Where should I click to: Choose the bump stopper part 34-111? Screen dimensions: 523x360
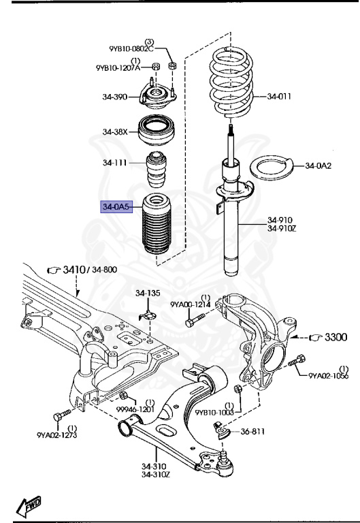pyautogui.click(x=158, y=172)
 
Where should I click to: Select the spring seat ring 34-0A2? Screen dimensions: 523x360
pyautogui.click(x=272, y=168)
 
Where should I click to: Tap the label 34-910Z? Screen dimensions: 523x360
pyautogui.click(x=281, y=228)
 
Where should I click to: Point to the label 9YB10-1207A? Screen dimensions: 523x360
pyautogui.click(x=118, y=67)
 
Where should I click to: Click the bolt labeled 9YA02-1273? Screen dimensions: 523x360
pyautogui.click(x=60, y=414)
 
